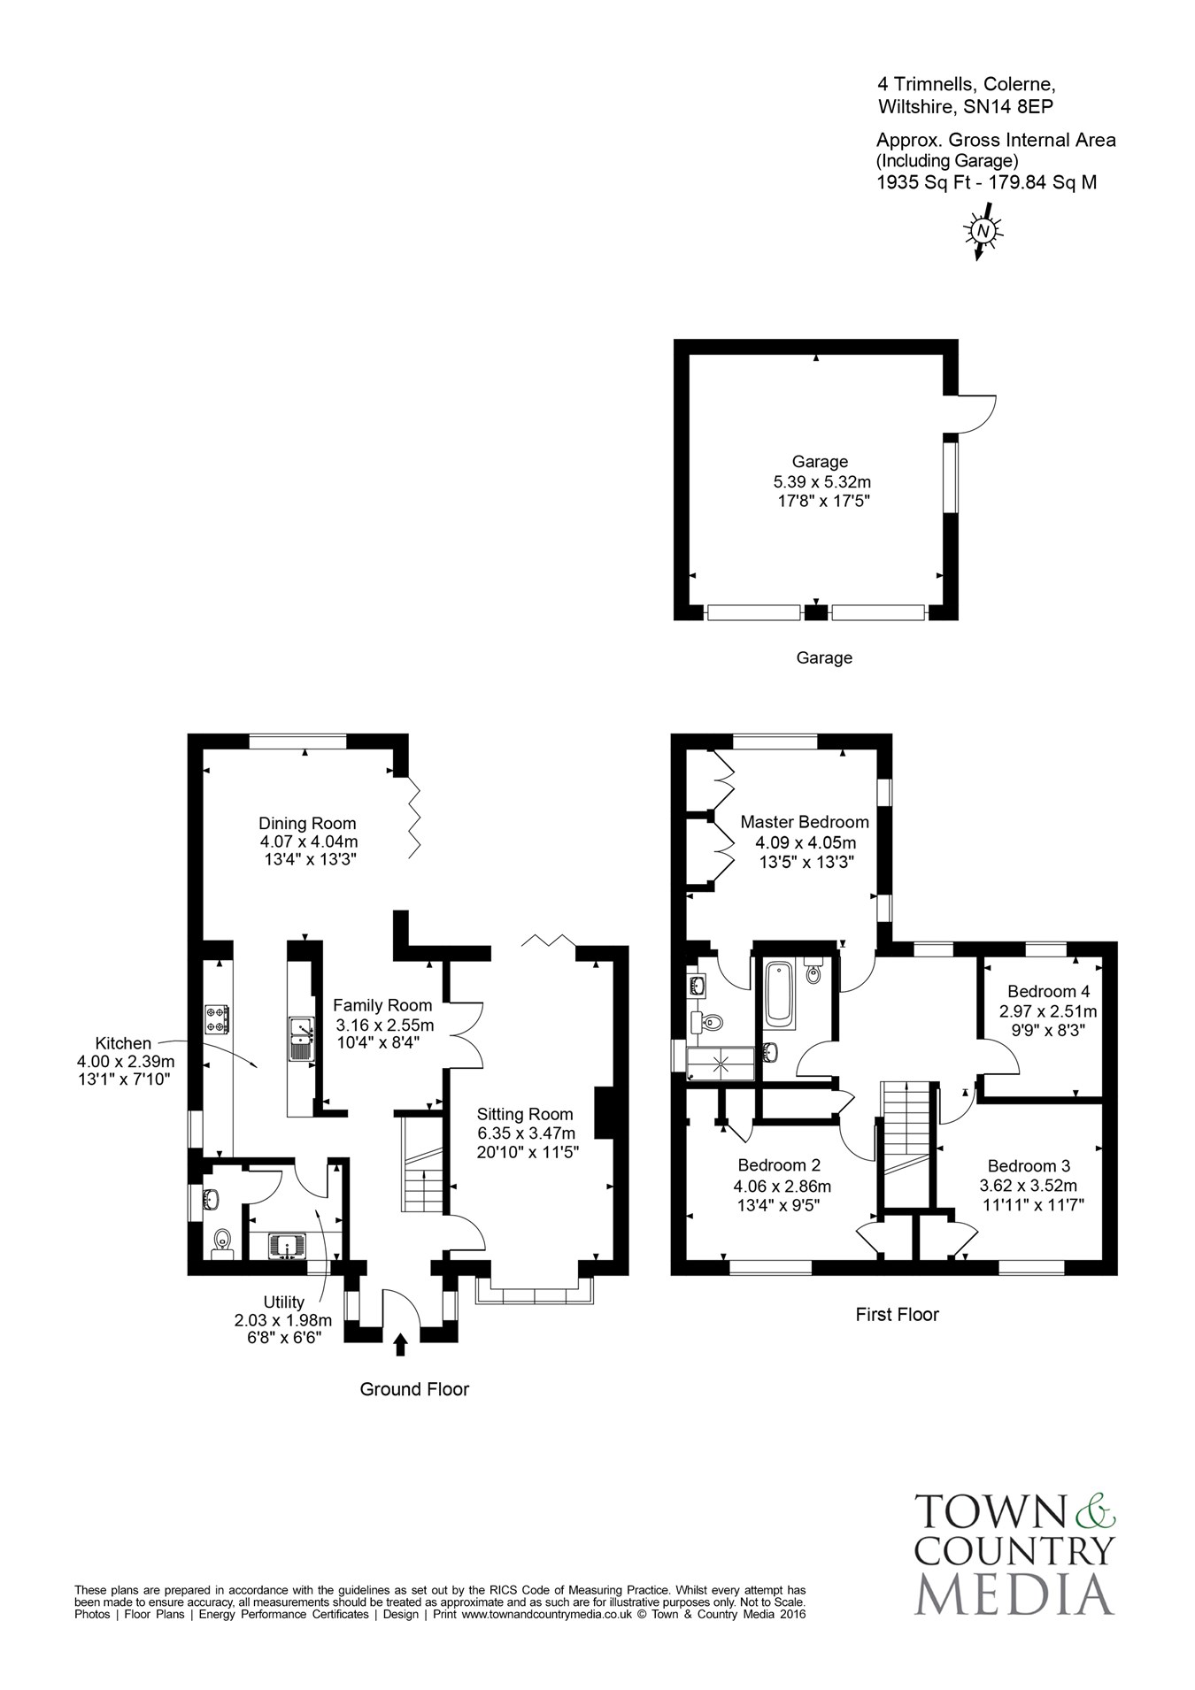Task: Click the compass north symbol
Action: [983, 230]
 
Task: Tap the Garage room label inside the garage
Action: [820, 461]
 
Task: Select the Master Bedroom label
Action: [805, 822]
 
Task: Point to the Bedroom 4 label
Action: [1048, 991]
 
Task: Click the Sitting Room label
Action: [525, 1115]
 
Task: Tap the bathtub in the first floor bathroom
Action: [781, 994]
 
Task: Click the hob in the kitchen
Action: [217, 1019]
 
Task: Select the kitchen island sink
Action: [302, 1039]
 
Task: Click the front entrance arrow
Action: [400, 1344]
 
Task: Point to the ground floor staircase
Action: [423, 1164]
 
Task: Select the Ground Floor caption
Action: [414, 1389]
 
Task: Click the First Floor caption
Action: [897, 1315]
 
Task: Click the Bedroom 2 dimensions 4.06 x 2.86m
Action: [783, 1187]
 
